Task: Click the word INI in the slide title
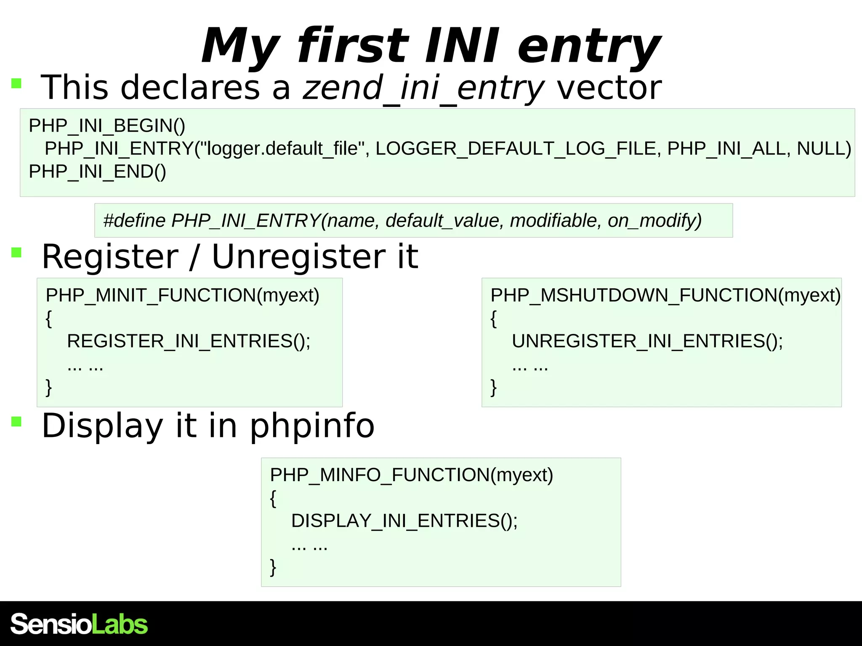click(462, 45)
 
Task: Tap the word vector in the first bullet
click(609, 88)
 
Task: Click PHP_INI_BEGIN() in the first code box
click(107, 126)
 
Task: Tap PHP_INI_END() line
click(97, 171)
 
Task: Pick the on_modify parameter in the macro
click(654, 220)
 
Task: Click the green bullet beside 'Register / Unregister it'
click(16, 252)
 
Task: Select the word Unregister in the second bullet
click(298, 257)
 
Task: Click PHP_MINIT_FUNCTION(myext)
click(182, 295)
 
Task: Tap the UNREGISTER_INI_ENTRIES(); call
click(647, 341)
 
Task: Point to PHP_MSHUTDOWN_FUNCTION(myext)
click(665, 295)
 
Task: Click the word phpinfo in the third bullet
click(312, 426)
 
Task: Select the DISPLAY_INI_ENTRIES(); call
click(404, 521)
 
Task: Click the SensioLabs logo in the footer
click(79, 624)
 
